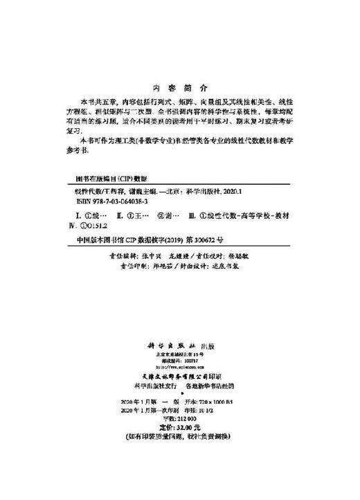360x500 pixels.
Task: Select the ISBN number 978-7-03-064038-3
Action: tap(104, 201)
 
